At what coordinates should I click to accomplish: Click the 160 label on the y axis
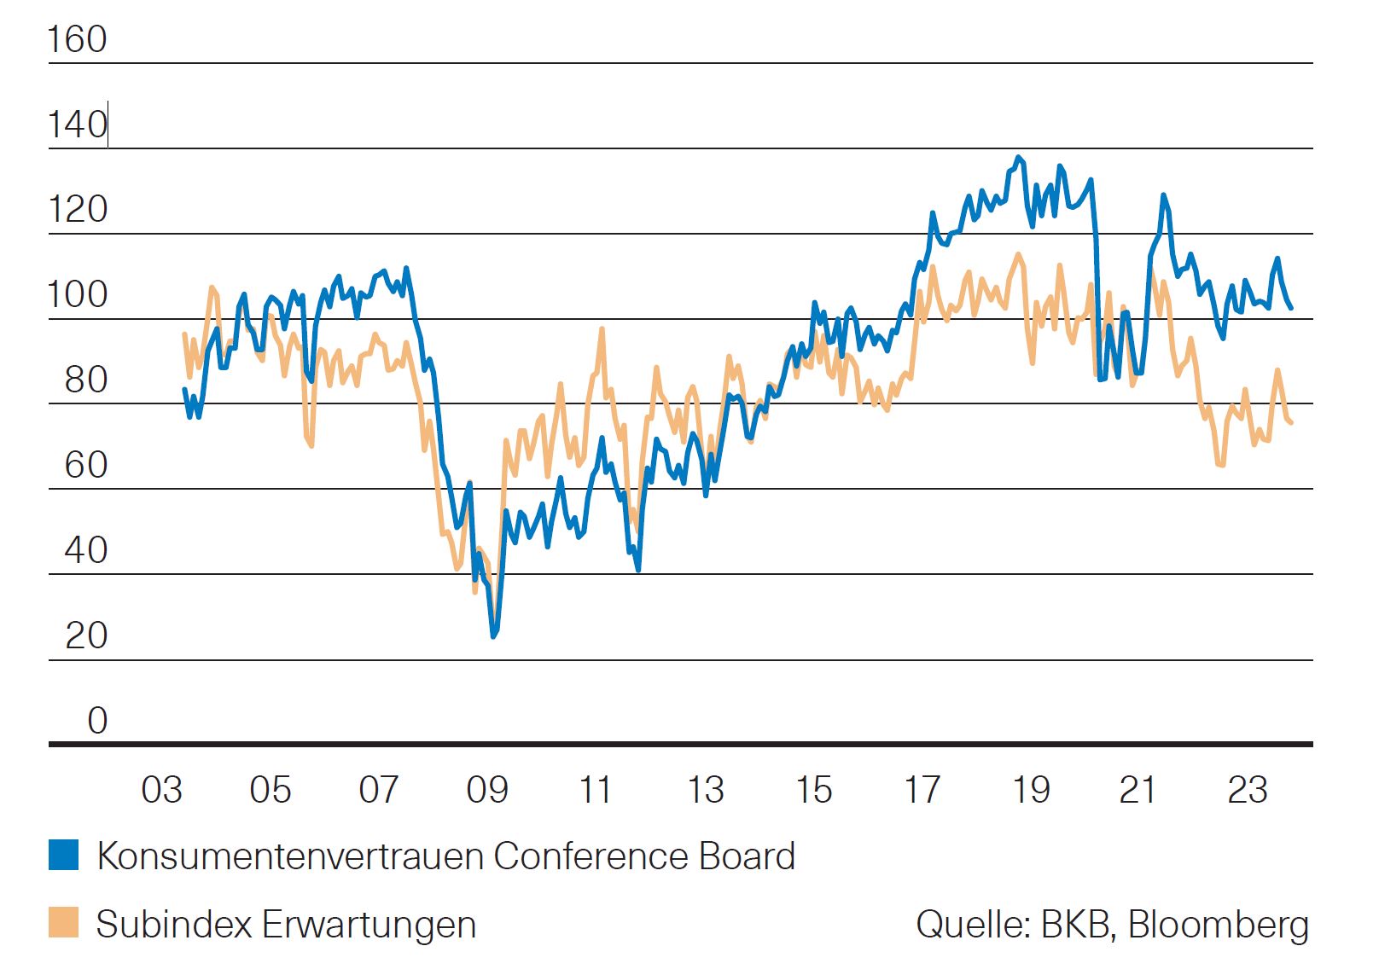pyautogui.click(x=77, y=39)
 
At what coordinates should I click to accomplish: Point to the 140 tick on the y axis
pyautogui.click(x=77, y=125)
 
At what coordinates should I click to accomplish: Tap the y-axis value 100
pyautogui.click(x=77, y=295)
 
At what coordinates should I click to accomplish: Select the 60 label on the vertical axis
pyautogui.click(x=85, y=466)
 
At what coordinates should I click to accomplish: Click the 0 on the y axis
pyautogui.click(x=97, y=722)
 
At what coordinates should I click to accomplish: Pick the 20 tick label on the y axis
pyautogui.click(x=85, y=636)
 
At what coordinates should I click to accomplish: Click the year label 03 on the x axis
pyautogui.click(x=161, y=790)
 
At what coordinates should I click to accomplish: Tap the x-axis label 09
pyautogui.click(x=486, y=790)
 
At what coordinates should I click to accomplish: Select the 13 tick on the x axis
pyautogui.click(x=705, y=790)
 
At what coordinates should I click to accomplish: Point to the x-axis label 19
pyautogui.click(x=1030, y=790)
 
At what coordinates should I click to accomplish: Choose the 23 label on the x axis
pyautogui.click(x=1247, y=790)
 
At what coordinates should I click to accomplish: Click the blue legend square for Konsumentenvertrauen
pyautogui.click(x=63, y=855)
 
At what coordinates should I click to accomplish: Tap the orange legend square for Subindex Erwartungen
pyautogui.click(x=63, y=923)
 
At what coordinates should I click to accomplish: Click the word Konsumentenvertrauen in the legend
pyautogui.click(x=290, y=856)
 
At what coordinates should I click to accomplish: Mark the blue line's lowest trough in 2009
pyautogui.click(x=493, y=635)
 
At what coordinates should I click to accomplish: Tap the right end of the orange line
pyautogui.click(x=1291, y=422)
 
